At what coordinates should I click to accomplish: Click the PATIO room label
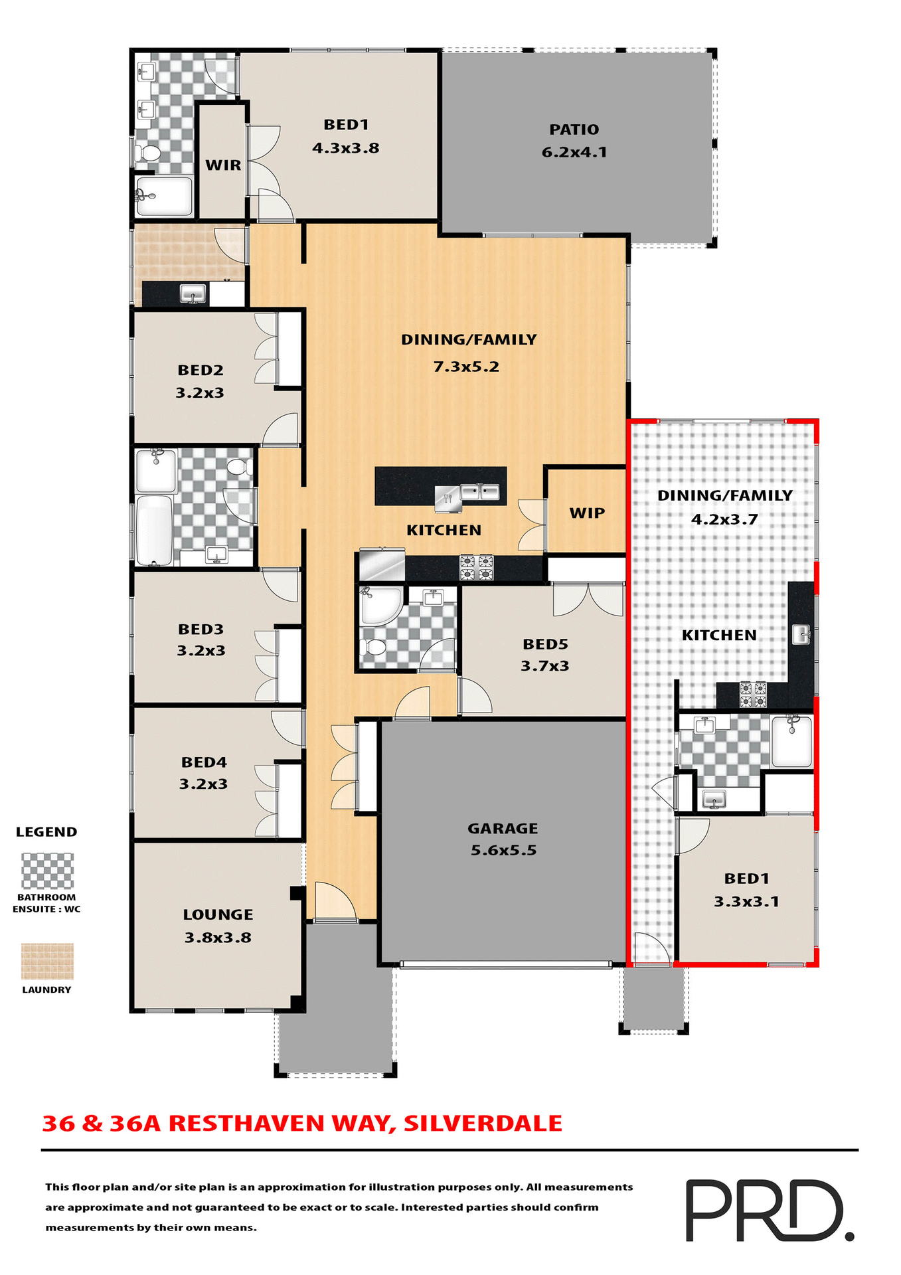(x=574, y=129)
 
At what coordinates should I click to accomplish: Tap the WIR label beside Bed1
(x=223, y=165)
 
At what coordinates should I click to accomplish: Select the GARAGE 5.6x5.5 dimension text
(x=503, y=851)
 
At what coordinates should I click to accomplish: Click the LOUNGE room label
(x=218, y=914)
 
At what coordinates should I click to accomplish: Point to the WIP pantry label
(x=587, y=513)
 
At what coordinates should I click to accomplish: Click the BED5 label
(x=545, y=643)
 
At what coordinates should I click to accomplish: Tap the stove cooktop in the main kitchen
(x=477, y=568)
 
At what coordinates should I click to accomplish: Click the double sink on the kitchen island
(x=480, y=492)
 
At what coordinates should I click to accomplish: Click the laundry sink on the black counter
(x=193, y=294)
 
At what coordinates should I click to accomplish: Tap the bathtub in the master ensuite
(x=164, y=196)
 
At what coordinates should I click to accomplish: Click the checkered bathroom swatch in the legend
(x=47, y=871)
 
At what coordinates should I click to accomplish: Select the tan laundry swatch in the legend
(x=47, y=962)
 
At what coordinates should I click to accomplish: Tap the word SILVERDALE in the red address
(x=483, y=1124)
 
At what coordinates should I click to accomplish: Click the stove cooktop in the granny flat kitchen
(x=753, y=695)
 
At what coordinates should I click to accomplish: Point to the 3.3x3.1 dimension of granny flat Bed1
(x=746, y=902)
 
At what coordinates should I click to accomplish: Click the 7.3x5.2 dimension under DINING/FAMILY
(x=466, y=367)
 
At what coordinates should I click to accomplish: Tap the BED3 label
(x=201, y=629)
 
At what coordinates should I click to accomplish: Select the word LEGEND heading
(x=46, y=832)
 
